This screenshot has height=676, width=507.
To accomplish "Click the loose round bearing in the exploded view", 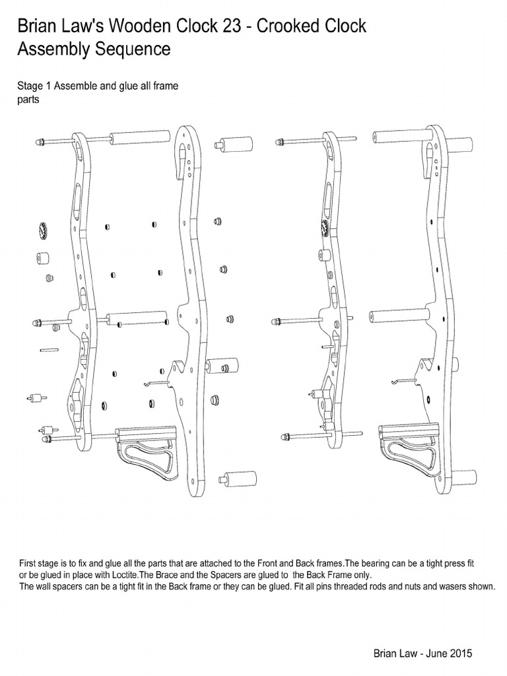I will click(42, 232).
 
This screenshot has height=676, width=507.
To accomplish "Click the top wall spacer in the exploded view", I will click(234, 144).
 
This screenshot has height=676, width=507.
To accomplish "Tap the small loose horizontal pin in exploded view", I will click(50, 349).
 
